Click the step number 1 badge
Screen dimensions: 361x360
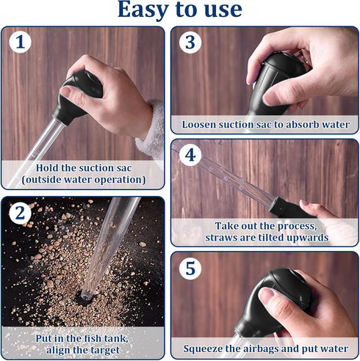20,43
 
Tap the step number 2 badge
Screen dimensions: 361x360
20,214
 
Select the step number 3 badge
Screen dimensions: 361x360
190,43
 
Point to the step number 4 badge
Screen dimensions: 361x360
190,156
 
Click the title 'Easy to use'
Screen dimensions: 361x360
179,10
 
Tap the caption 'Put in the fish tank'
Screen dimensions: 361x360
82,338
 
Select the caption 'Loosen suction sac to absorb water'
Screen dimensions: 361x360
265,125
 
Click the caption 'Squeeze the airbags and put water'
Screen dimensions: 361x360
265,349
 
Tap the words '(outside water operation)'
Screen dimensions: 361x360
82,179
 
